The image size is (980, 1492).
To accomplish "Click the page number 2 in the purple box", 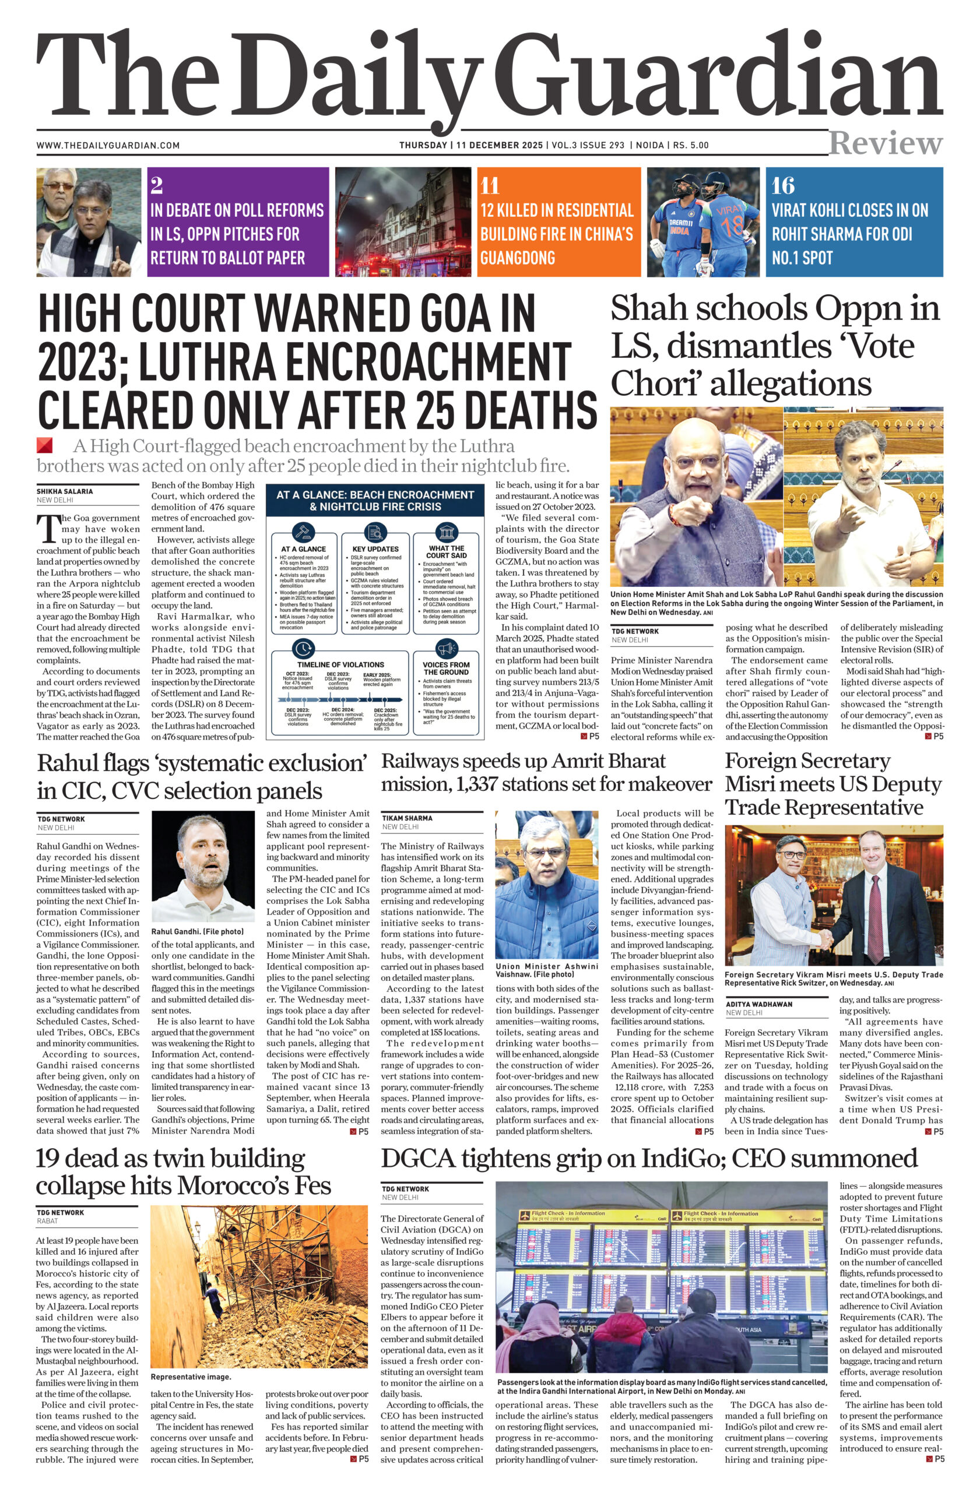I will click(x=156, y=185).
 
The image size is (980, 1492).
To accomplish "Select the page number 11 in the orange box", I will click(x=489, y=185).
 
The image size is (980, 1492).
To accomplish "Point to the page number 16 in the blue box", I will click(x=782, y=185).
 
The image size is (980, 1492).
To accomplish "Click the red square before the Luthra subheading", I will click(x=44, y=445).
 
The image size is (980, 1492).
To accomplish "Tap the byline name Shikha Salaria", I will click(x=65, y=491).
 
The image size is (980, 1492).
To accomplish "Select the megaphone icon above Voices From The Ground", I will click(x=446, y=648).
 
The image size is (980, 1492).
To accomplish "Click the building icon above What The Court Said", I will click(x=447, y=533).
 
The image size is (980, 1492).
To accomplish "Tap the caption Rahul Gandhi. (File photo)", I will click(x=198, y=931).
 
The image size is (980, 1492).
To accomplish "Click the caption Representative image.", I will click(x=191, y=1377).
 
